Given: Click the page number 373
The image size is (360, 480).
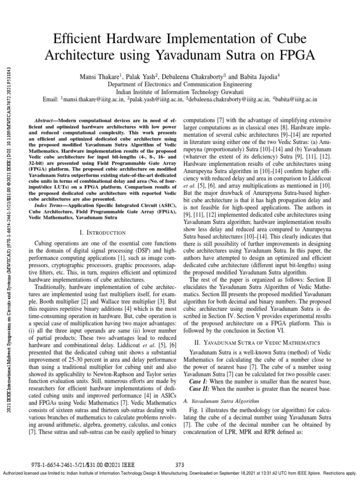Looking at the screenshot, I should [180, 465].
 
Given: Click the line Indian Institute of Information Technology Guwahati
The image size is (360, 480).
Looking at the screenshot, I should [180, 92].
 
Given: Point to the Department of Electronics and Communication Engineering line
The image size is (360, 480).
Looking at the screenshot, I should [180, 84].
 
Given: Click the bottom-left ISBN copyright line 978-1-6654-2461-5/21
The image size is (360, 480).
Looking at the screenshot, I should [85, 465].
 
